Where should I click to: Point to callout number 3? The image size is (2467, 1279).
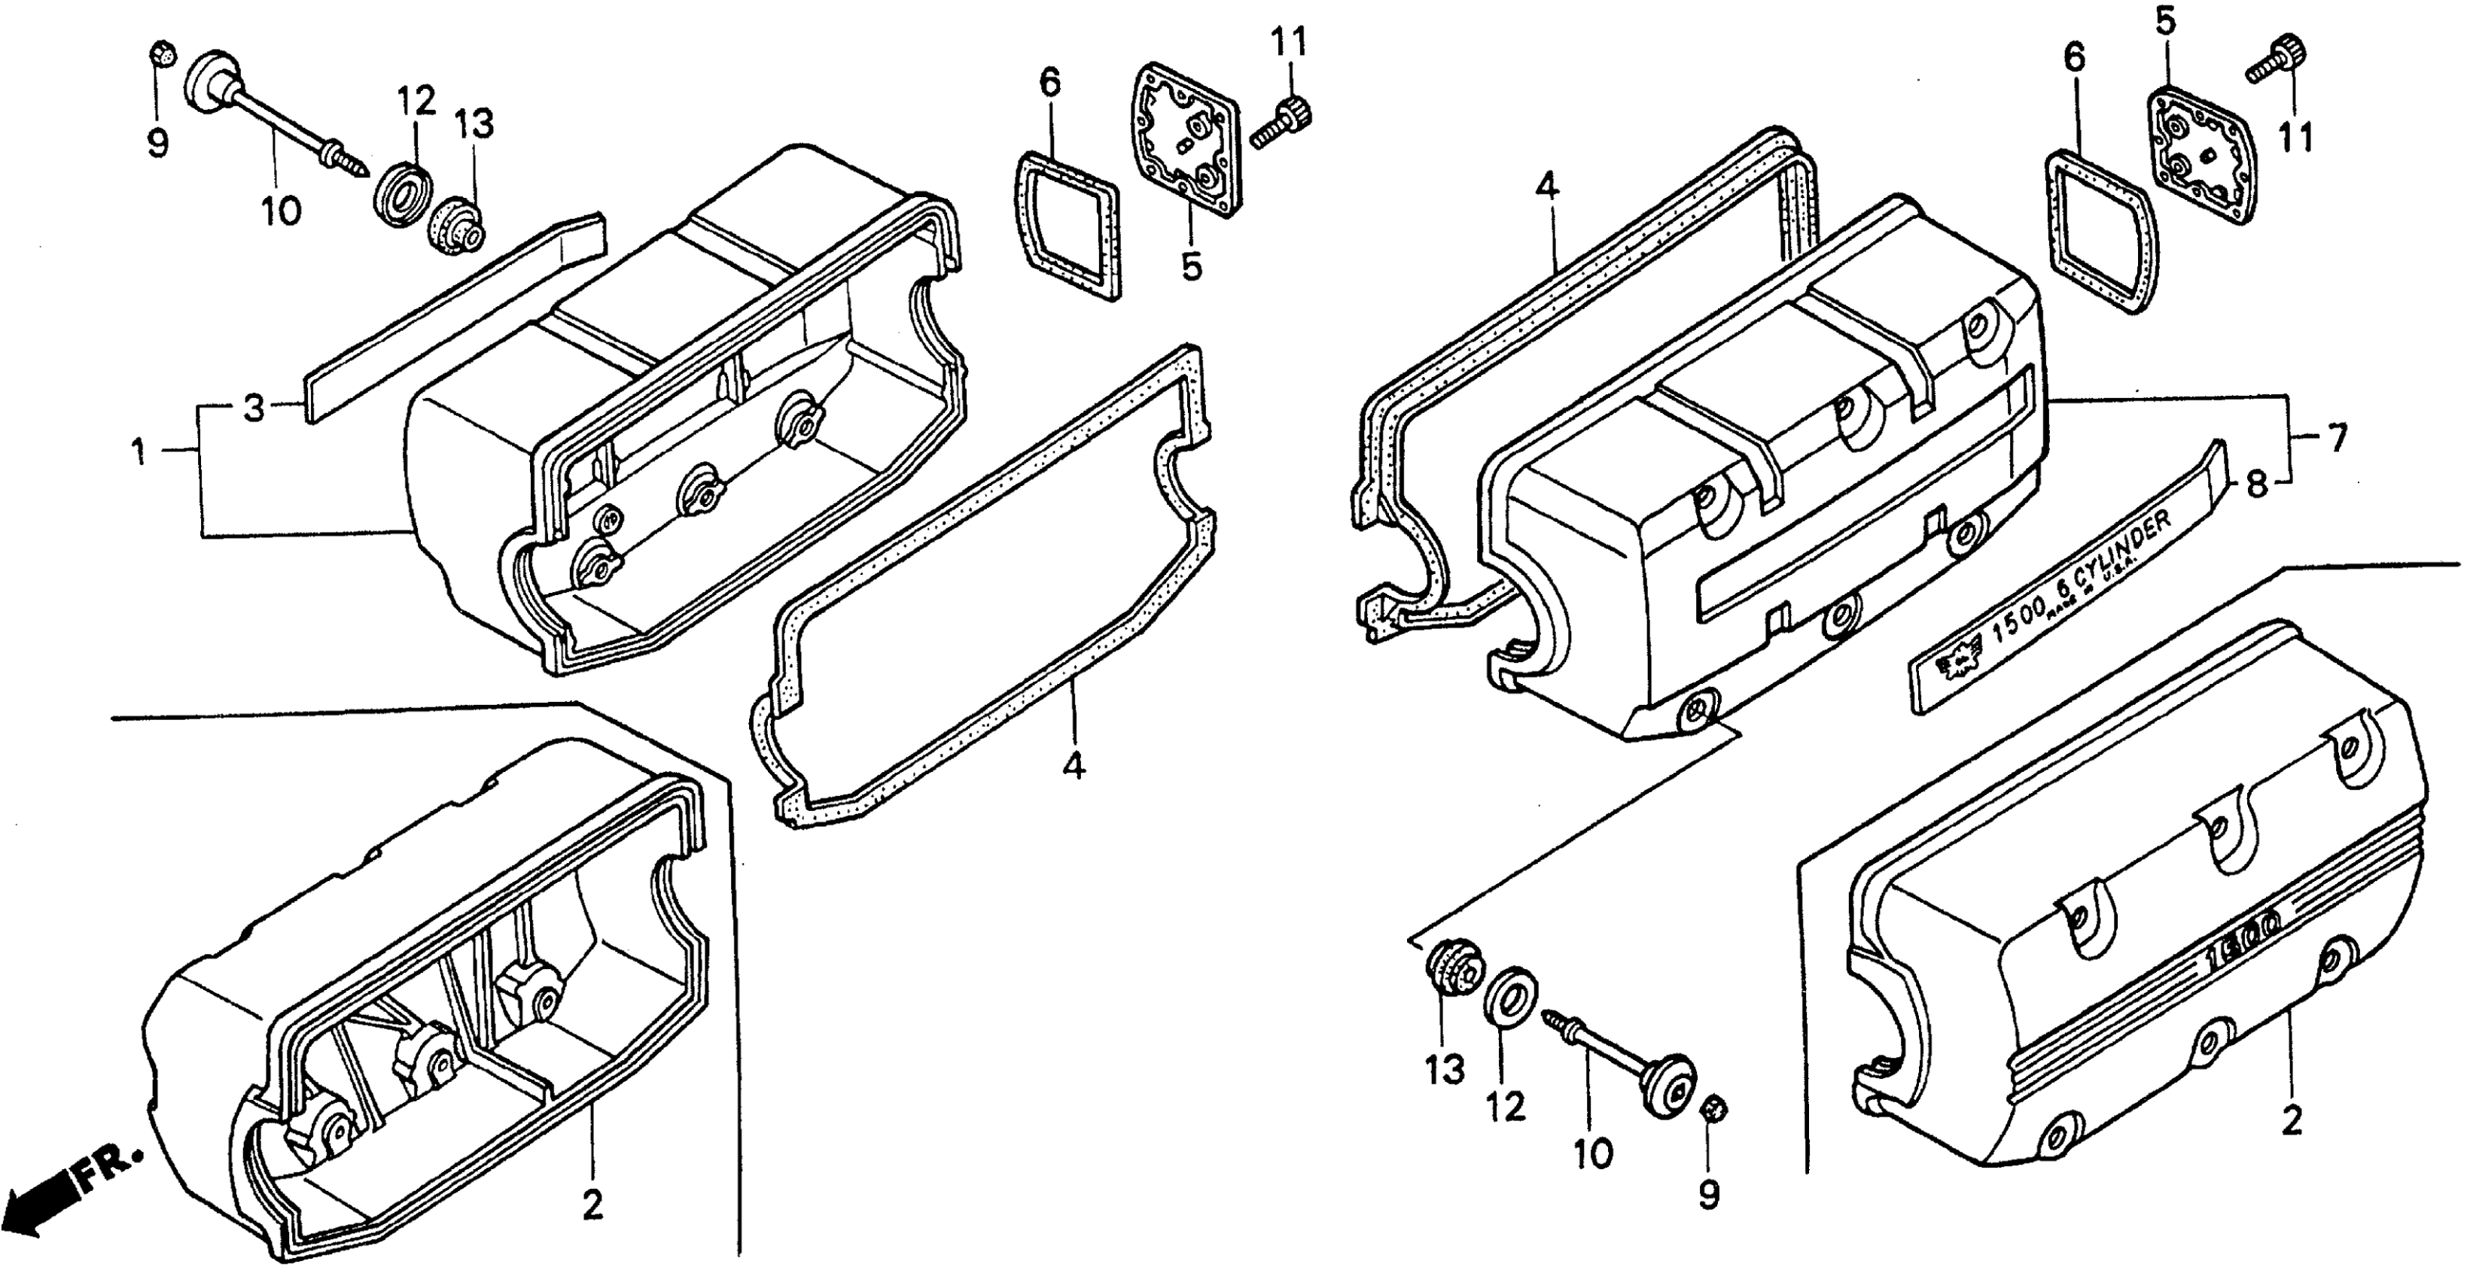click(x=253, y=409)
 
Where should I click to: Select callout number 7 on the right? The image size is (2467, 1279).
click(x=2338, y=439)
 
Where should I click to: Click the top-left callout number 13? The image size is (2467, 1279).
click(x=475, y=123)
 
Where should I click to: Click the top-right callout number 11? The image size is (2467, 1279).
click(x=2295, y=138)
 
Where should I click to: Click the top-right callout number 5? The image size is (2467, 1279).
click(x=2167, y=21)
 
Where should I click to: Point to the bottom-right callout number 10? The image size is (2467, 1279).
click(x=1593, y=1155)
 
